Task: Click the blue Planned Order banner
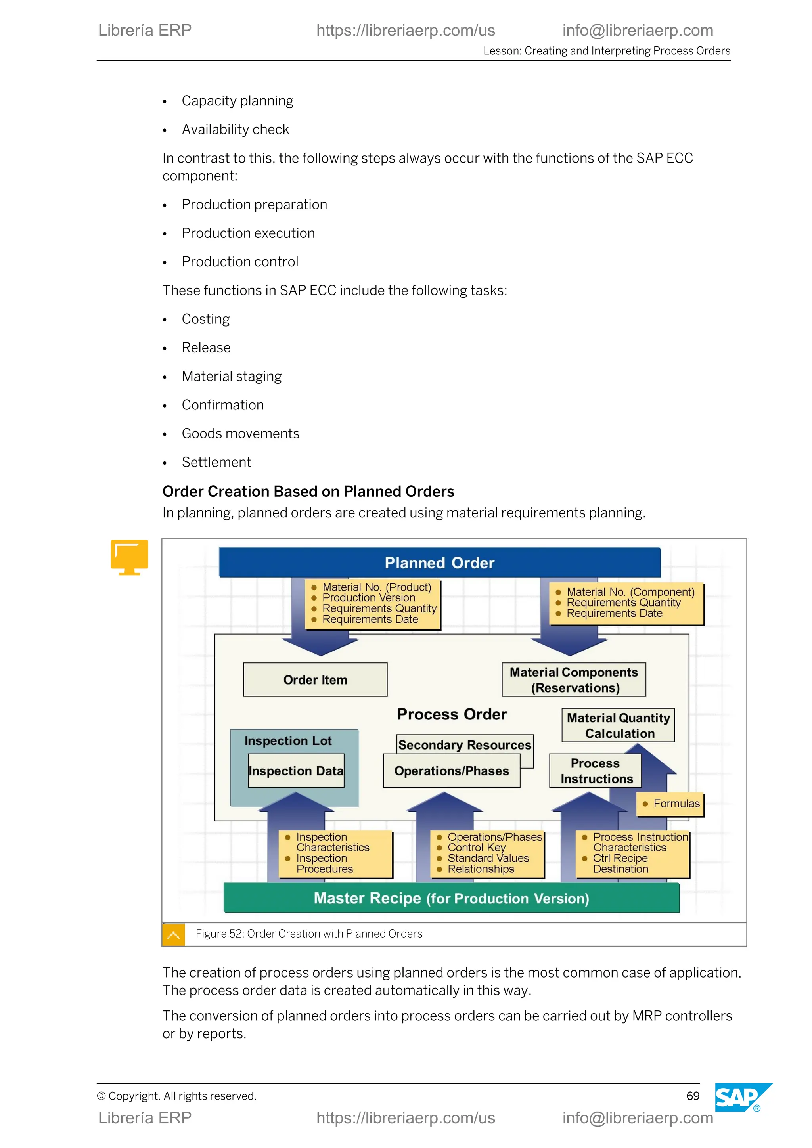tap(439, 563)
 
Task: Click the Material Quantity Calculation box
tap(618, 725)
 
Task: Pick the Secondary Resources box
tap(465, 744)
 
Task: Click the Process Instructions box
tap(595, 771)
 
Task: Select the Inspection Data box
tap(296, 771)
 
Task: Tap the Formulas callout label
tap(676, 804)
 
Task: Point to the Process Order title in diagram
tap(452, 714)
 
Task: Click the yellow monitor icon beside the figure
tap(130, 557)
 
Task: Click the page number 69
tap(693, 1096)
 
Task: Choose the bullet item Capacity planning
tap(237, 101)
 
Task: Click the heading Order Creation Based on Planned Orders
tap(308, 492)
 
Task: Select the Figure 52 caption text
tap(308, 934)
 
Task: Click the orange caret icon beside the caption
tap(174, 934)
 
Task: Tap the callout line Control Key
tap(476, 848)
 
